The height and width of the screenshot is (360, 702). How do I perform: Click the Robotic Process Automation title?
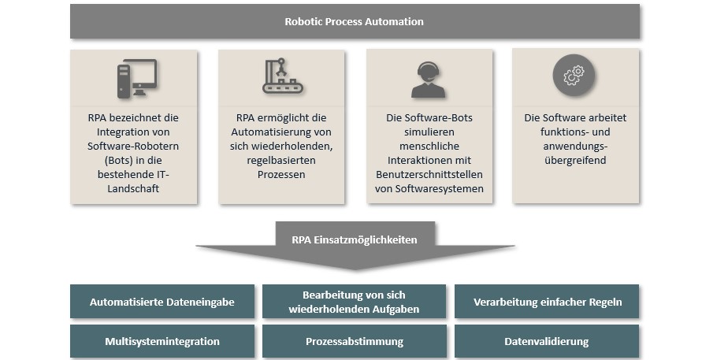pos(354,21)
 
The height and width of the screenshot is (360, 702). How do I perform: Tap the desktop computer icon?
pos(136,77)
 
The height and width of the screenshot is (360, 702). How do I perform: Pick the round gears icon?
pos(573,76)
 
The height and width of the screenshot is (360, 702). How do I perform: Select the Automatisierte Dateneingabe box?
pos(162,302)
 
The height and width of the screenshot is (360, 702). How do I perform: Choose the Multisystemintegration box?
pos(162,342)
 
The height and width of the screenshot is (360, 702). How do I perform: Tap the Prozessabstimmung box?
pos(355,342)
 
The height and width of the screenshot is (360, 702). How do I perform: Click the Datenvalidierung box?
pos(547,342)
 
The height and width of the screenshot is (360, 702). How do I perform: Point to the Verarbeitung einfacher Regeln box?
pos(547,302)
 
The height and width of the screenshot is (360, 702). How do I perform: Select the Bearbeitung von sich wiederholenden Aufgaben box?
pos(355,302)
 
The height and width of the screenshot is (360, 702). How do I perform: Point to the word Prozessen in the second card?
pos(281,175)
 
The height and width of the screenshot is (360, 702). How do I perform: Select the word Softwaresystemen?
pos(430,189)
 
